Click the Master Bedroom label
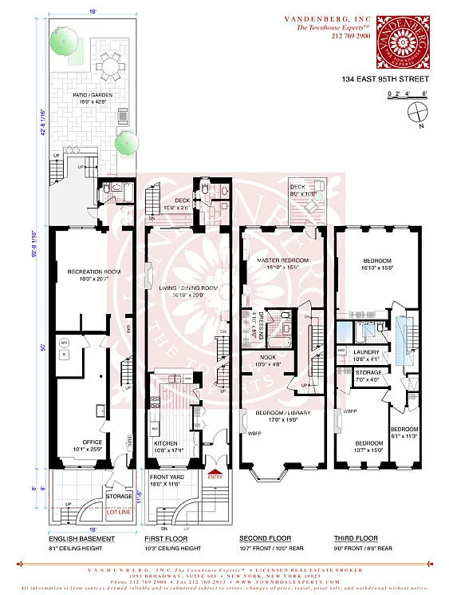point(282,262)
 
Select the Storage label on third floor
point(368,373)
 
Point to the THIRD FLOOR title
point(356,538)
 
